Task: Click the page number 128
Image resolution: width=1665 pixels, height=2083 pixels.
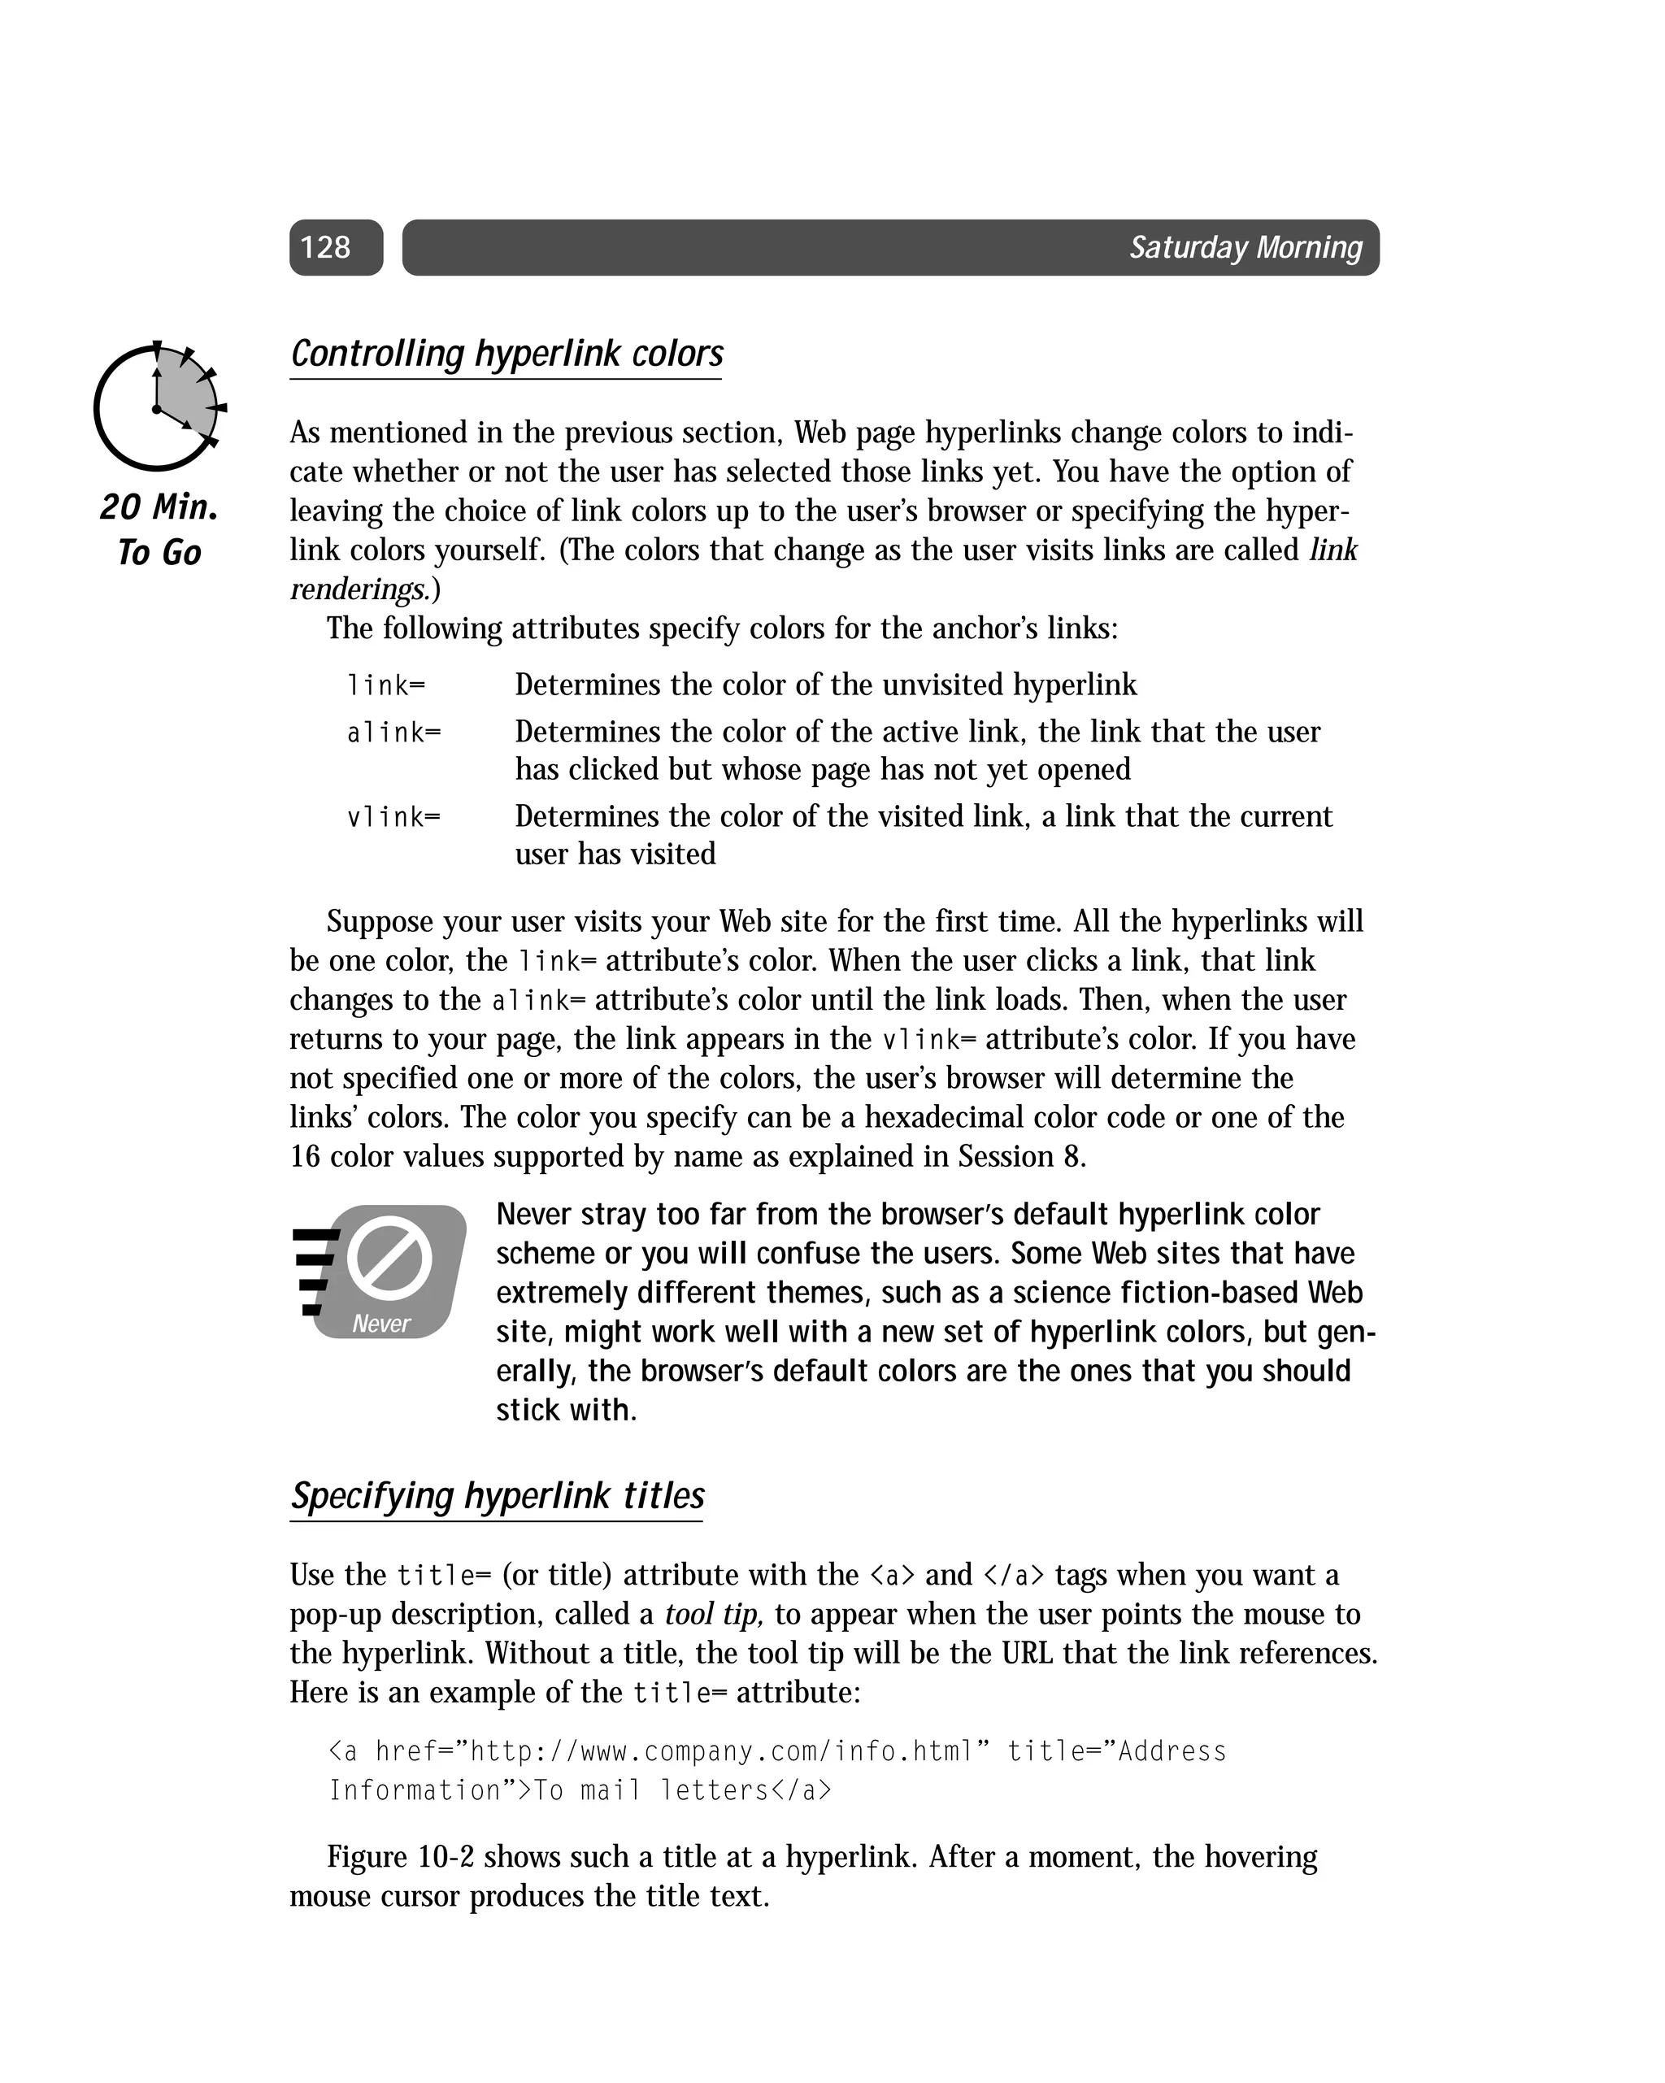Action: point(326,247)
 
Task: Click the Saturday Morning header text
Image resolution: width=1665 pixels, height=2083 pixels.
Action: point(1245,247)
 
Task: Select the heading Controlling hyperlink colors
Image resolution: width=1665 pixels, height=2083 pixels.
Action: point(506,354)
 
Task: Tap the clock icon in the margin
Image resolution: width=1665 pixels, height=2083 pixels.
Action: point(158,407)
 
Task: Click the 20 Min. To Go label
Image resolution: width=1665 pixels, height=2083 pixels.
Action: point(159,529)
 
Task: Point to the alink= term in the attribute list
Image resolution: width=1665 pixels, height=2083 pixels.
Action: point(393,733)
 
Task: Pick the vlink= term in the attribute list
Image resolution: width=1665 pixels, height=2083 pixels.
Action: point(393,818)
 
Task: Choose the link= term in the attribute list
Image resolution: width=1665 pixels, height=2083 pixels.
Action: point(385,686)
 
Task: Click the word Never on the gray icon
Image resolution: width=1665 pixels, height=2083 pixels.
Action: point(380,1324)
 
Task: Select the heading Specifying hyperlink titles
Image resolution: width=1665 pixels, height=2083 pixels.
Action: point(498,1496)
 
